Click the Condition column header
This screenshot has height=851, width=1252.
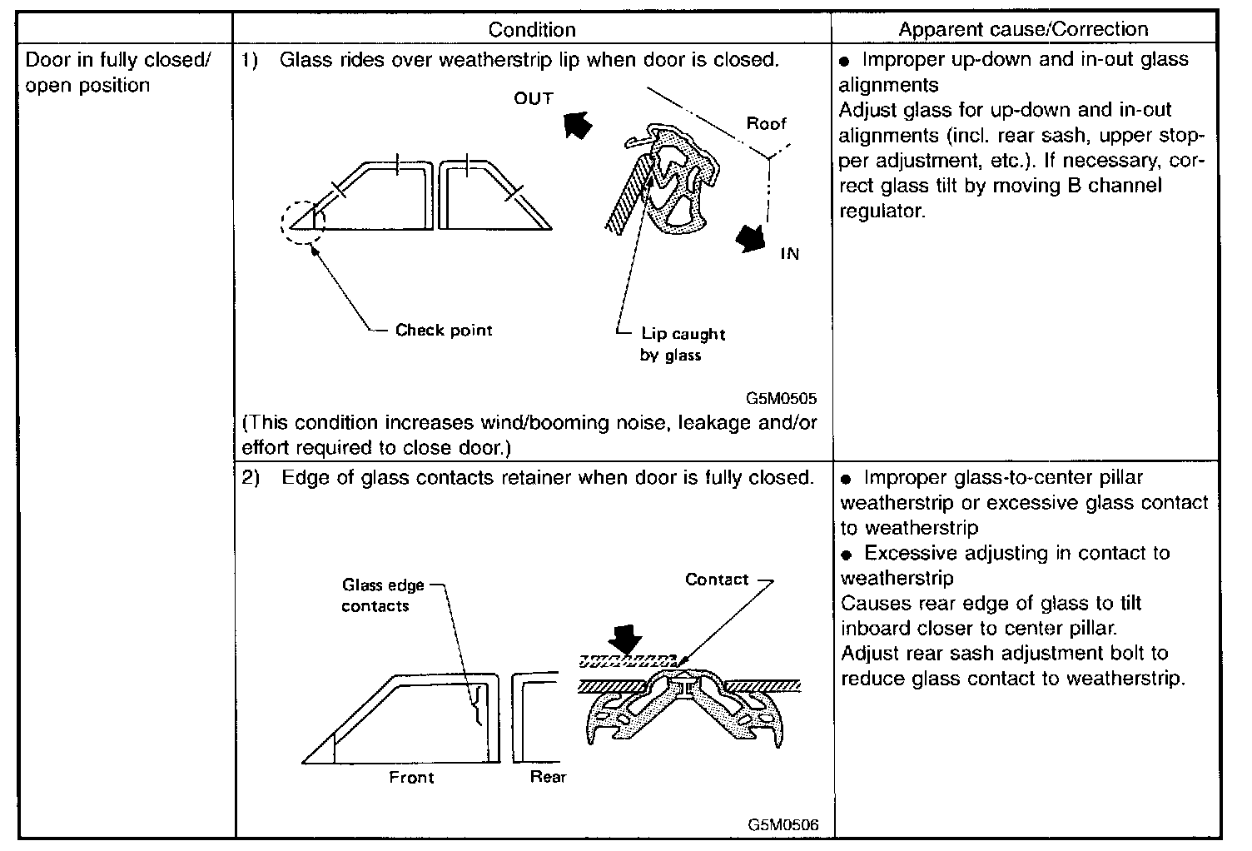point(532,30)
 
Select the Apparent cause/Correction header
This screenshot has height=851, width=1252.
point(1023,29)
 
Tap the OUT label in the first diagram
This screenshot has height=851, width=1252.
point(534,99)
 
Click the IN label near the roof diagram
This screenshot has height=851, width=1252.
point(789,255)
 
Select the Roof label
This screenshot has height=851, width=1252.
point(766,124)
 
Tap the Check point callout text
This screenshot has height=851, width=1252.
point(444,331)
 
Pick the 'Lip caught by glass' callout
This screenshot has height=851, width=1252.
point(683,345)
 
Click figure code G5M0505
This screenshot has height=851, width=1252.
point(782,398)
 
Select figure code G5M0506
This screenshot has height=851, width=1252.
point(782,825)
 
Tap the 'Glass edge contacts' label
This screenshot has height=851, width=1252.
point(384,595)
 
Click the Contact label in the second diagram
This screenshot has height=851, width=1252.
point(717,580)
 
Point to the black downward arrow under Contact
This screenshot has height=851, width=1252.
point(625,639)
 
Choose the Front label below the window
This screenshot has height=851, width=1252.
point(411,778)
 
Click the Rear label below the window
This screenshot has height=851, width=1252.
point(548,777)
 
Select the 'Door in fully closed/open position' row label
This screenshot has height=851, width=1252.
point(119,73)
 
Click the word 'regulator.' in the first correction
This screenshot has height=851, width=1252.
point(882,211)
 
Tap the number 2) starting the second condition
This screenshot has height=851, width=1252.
point(251,478)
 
